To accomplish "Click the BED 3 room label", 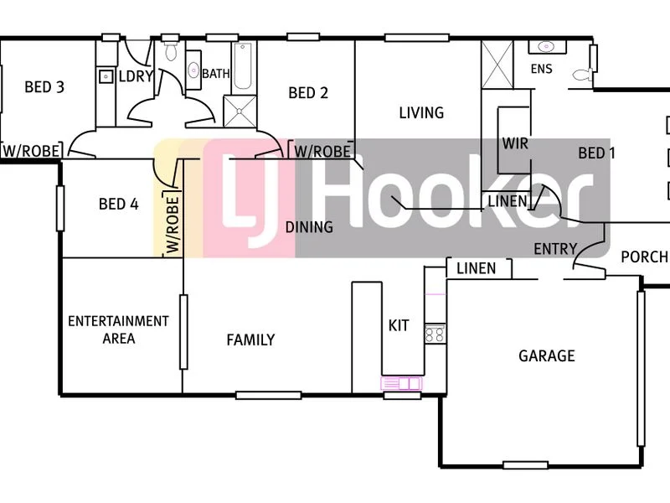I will point(44,86).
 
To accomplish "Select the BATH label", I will point(216,74).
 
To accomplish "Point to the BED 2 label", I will point(308,92).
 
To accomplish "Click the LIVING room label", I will point(421,112).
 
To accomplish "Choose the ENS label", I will point(542,69).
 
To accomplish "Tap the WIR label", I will point(515,143).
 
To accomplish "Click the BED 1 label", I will point(597,153).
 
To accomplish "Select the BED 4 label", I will point(118,203).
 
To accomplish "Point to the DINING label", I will point(309,226).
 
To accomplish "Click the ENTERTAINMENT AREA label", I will point(118,329).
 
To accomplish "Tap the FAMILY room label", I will point(250,340).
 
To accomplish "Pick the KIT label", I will point(399,324).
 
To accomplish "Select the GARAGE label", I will point(547,355).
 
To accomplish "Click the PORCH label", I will point(644,257).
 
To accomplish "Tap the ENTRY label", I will point(555,248).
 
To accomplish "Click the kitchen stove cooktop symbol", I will point(434,334).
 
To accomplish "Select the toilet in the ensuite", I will point(580,75).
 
